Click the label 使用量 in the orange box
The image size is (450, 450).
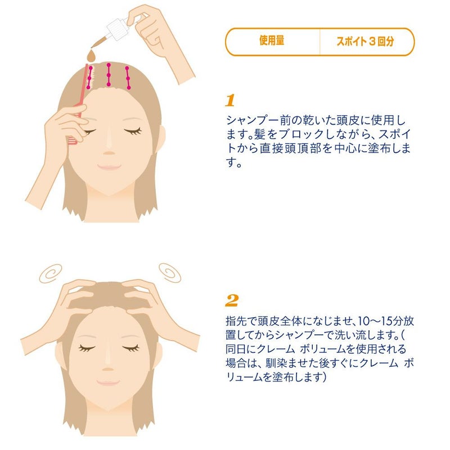272,40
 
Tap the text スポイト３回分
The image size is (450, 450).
365,41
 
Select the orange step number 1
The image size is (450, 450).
230,101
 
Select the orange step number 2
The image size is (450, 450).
232,300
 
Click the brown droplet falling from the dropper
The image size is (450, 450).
92,56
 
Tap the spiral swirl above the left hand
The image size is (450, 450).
51,273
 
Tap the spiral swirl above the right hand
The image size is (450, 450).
170,272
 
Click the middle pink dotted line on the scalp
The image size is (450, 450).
109,75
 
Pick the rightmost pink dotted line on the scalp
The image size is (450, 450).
128,78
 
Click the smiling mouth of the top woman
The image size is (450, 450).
109,166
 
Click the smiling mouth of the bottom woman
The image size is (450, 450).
108,382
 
